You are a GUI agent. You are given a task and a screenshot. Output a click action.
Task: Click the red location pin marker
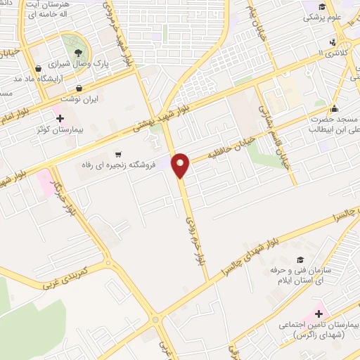(x=181, y=165)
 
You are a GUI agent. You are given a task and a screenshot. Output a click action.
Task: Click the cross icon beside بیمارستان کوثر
(x=60, y=117)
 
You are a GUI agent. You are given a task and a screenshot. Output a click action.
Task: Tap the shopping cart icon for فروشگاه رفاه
(x=117, y=154)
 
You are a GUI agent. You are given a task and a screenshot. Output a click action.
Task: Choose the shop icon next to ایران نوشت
(x=79, y=89)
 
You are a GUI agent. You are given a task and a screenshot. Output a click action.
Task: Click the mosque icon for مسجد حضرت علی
(x=333, y=108)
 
